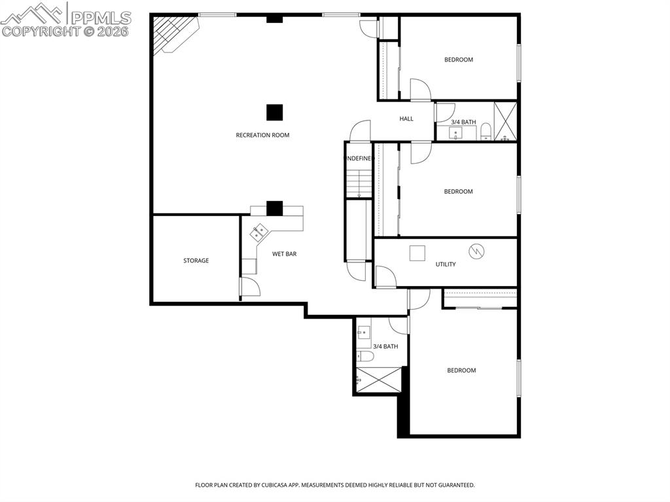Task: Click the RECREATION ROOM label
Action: (x=262, y=135)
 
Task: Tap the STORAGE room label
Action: (x=196, y=260)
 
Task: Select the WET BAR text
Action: (x=285, y=254)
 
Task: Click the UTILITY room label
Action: (x=446, y=264)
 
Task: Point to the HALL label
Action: (x=406, y=119)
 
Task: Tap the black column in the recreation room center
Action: (x=274, y=112)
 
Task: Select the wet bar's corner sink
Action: (x=259, y=230)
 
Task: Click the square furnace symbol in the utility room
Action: (x=417, y=253)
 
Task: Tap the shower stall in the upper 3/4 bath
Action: (x=505, y=122)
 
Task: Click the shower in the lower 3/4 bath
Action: (x=378, y=380)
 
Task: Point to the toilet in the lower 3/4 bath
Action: (x=365, y=357)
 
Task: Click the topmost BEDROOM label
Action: (x=458, y=60)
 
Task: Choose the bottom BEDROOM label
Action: (x=461, y=370)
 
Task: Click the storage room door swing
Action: (x=249, y=286)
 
